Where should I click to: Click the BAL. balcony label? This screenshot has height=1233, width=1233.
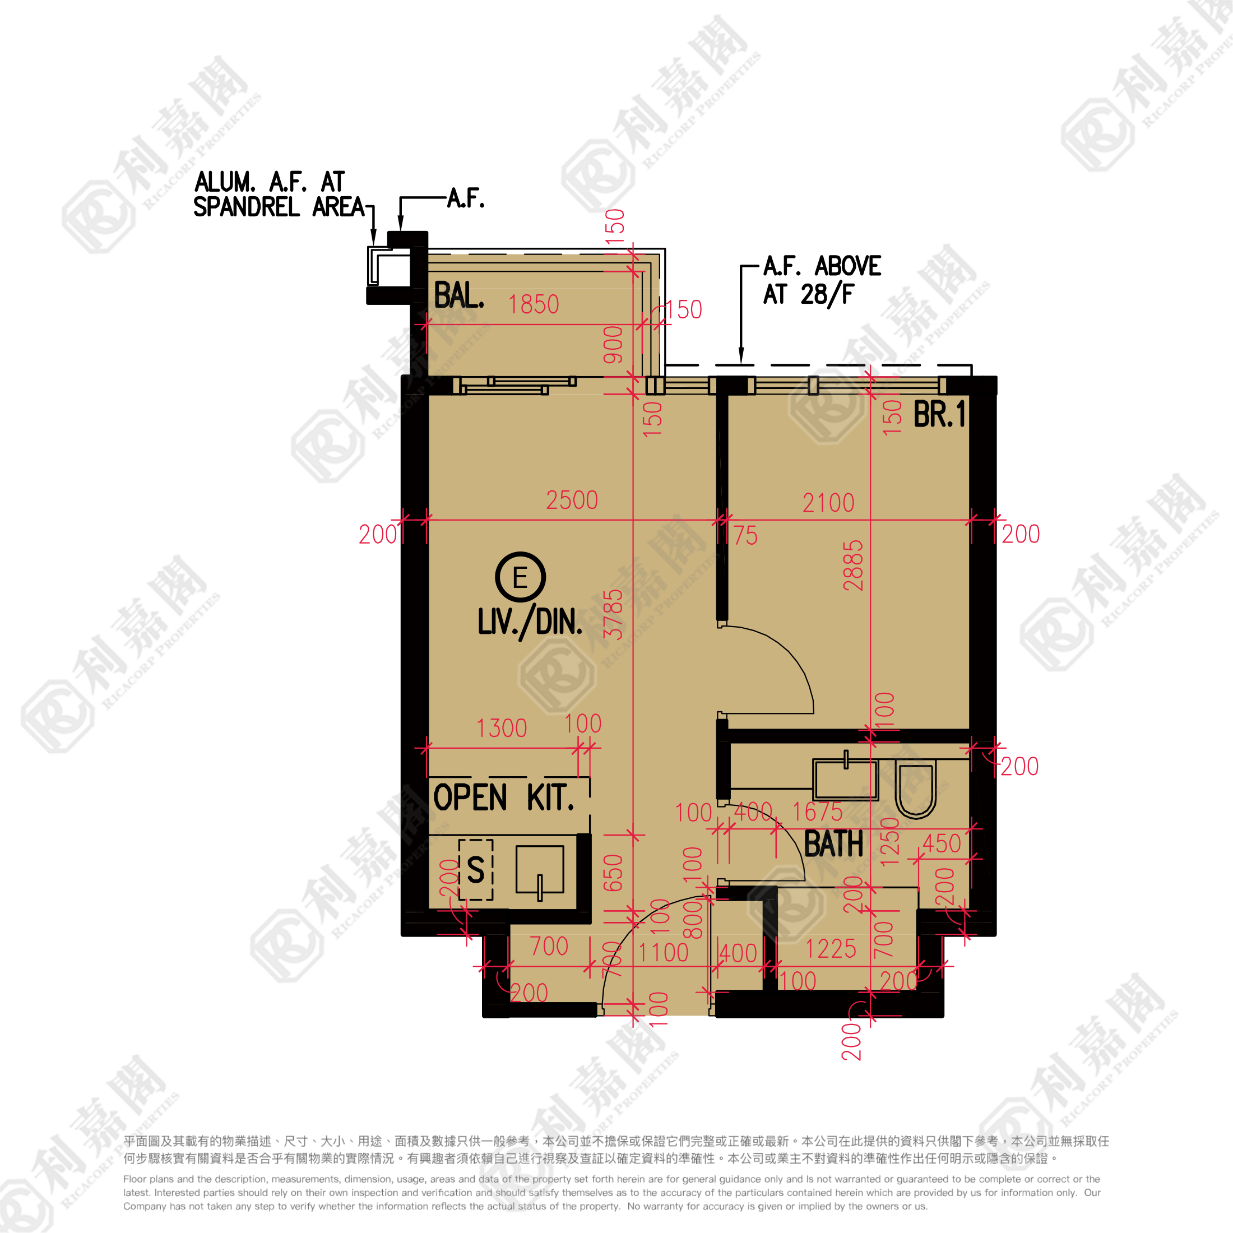click(x=458, y=296)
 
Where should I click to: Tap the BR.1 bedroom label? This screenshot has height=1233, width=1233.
click(x=939, y=414)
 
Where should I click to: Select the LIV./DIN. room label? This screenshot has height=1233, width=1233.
click(x=530, y=622)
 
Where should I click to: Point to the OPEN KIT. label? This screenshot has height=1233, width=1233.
click(x=503, y=798)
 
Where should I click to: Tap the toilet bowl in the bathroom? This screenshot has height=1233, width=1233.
click(x=916, y=790)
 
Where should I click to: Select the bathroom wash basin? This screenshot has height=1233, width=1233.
click(x=845, y=779)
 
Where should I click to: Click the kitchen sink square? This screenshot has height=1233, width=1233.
click(x=539, y=869)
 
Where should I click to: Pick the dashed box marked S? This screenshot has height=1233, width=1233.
click(x=475, y=869)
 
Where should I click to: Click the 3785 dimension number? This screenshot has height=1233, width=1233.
click(x=613, y=614)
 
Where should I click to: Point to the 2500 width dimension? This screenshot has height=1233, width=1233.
click(x=572, y=500)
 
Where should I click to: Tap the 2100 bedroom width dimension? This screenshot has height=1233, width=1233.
click(x=828, y=503)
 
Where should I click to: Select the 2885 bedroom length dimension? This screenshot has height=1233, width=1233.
click(x=853, y=565)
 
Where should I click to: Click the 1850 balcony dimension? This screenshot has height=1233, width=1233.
click(x=534, y=304)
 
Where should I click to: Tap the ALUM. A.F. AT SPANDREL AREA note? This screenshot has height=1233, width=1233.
click(x=279, y=194)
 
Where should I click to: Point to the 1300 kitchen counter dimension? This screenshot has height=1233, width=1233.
click(x=502, y=728)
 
